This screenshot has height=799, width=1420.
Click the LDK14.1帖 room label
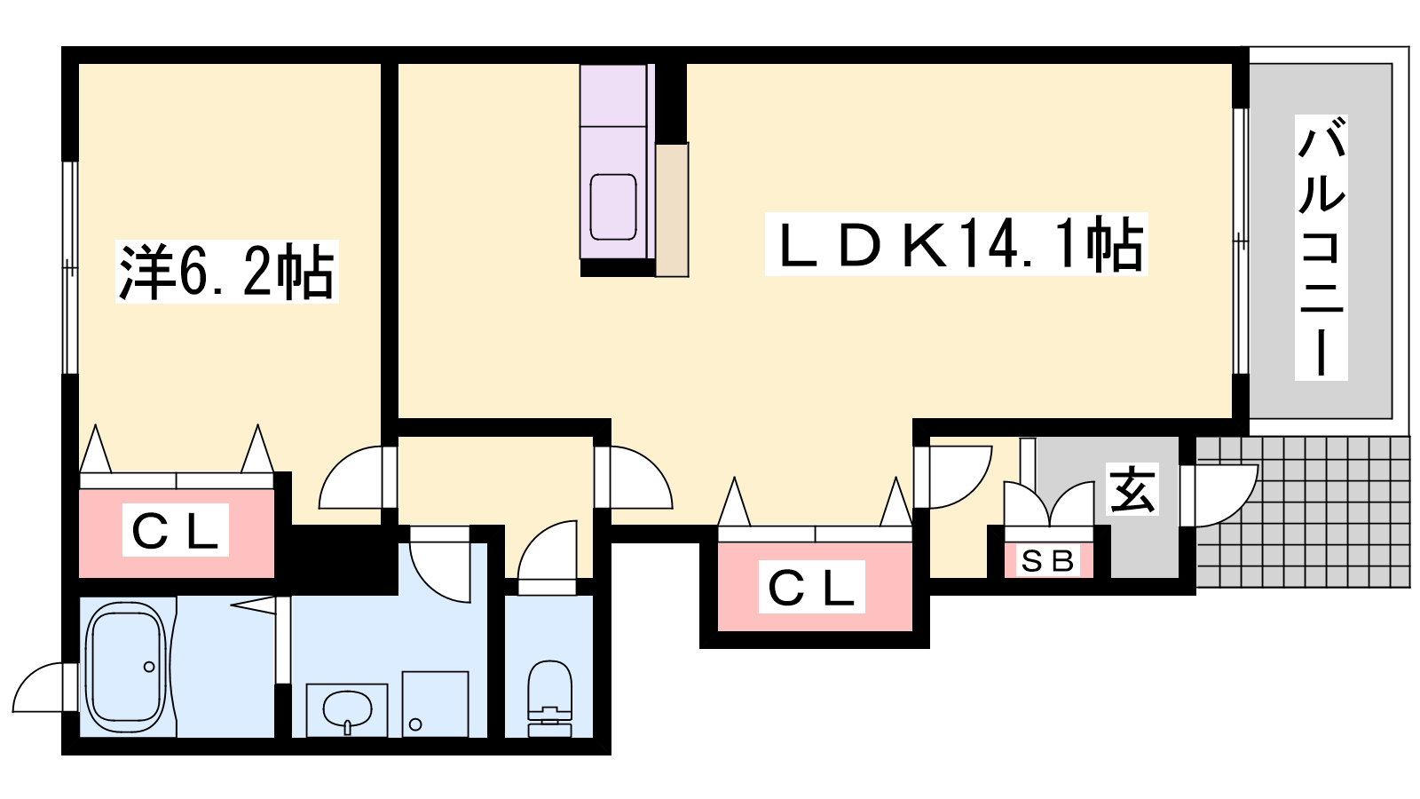click(x=957, y=244)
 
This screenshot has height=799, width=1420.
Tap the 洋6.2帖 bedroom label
click(x=227, y=272)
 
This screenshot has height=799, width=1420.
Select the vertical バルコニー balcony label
click(x=1321, y=248)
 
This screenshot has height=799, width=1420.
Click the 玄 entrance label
click(x=1132, y=490)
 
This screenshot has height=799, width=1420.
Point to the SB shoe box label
click(x=1047, y=561)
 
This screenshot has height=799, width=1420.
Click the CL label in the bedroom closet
click(x=175, y=531)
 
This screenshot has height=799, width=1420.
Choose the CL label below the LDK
click(x=811, y=587)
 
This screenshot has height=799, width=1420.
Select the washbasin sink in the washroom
click(x=347, y=709)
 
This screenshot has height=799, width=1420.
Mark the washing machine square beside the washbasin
click(x=435, y=703)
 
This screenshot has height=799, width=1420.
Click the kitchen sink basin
click(x=613, y=206)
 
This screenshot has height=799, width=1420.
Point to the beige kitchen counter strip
click(x=672, y=210)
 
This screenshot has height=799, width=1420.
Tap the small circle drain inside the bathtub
click(x=149, y=666)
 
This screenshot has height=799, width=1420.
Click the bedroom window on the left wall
click(x=69, y=266)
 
